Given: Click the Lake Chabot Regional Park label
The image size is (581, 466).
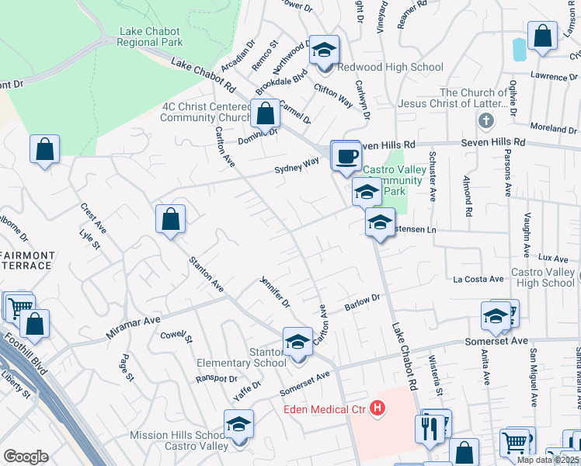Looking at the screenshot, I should click(x=150, y=37).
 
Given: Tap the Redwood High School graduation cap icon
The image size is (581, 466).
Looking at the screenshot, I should click(x=324, y=52).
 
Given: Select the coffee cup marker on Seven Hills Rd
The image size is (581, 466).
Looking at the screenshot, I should click(x=346, y=157).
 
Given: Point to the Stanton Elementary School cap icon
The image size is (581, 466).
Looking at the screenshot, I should click(x=297, y=343).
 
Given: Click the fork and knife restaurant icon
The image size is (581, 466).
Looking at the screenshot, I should click(x=430, y=428).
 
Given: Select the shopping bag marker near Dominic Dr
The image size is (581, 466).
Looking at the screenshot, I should click(x=266, y=114).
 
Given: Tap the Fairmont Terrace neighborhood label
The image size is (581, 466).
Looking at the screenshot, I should click(x=27, y=260).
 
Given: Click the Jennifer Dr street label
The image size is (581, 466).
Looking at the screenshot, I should click(x=274, y=291).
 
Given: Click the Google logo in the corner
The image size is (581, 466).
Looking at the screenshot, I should click(x=26, y=457).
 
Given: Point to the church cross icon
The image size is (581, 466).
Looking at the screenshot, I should click(x=485, y=120).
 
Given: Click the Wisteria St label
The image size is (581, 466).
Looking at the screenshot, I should click(x=436, y=374).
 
